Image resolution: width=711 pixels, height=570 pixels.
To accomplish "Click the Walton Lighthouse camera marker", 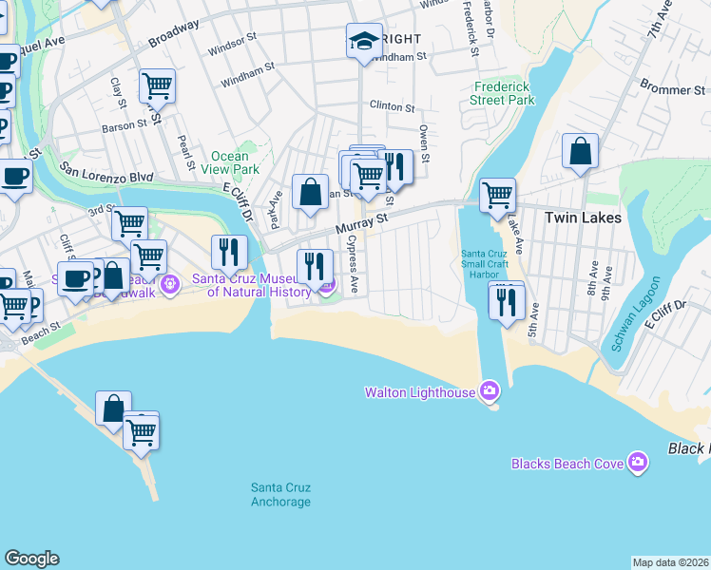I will [x=490, y=390].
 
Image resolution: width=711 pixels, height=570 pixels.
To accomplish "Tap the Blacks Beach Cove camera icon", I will [x=637, y=463].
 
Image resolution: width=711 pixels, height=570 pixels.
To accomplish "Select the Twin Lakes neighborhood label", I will [x=583, y=218].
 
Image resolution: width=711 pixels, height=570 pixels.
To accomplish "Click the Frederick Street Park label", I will [x=504, y=92].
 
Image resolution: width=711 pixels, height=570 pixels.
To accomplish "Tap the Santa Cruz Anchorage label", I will [x=280, y=494].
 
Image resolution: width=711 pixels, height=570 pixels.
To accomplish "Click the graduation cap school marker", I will [x=363, y=41].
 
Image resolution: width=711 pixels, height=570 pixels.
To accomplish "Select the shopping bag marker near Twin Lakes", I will [x=579, y=151].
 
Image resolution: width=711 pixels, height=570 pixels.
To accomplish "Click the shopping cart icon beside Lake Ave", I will [x=496, y=196].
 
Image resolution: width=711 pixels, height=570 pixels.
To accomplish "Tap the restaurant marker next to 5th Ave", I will [x=507, y=301].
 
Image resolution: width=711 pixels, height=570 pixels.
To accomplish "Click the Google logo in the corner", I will [x=31, y=559].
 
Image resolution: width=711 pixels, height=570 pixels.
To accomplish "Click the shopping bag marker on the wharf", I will [x=113, y=409].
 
